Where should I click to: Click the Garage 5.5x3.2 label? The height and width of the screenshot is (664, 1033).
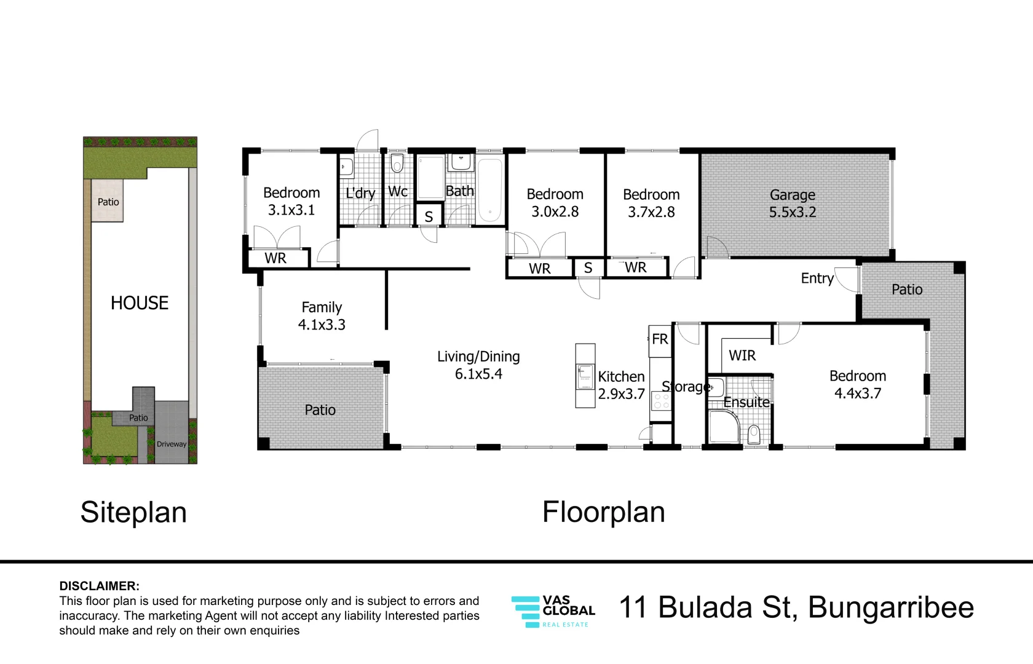pos(792,204)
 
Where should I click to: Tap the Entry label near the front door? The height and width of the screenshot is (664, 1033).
pos(817,279)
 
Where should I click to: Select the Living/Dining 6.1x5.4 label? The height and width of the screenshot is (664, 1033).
pos(478,365)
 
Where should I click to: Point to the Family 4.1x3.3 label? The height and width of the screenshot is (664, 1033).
pos(322,316)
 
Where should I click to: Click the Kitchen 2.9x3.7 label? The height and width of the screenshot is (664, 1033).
pos(621,385)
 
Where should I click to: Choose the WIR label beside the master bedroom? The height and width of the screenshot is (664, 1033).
pos(742,355)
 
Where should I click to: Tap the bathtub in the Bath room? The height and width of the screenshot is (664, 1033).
pos(490,191)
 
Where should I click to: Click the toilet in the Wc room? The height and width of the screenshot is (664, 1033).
pos(397,163)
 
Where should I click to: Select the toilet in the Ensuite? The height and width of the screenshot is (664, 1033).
pos(754,434)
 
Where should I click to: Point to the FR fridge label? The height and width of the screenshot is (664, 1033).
pos(660,339)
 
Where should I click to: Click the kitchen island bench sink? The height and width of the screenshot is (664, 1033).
pos(585,376)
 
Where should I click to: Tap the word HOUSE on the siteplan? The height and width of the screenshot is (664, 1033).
pos(140,303)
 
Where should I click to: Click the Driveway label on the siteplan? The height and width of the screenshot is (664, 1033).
pos(172,444)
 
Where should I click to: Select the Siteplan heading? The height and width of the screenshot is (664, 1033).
pos(134,512)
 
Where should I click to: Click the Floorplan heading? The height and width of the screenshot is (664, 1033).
pos(604,512)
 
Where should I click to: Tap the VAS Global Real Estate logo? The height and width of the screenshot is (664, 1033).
pos(553,611)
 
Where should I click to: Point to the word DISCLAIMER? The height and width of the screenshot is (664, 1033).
pos(100,586)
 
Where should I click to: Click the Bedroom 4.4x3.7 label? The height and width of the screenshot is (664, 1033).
pos(858,385)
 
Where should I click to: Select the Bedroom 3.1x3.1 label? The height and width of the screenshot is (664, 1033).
pos(291,201)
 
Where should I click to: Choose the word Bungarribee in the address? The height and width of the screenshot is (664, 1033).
pos(891,607)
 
